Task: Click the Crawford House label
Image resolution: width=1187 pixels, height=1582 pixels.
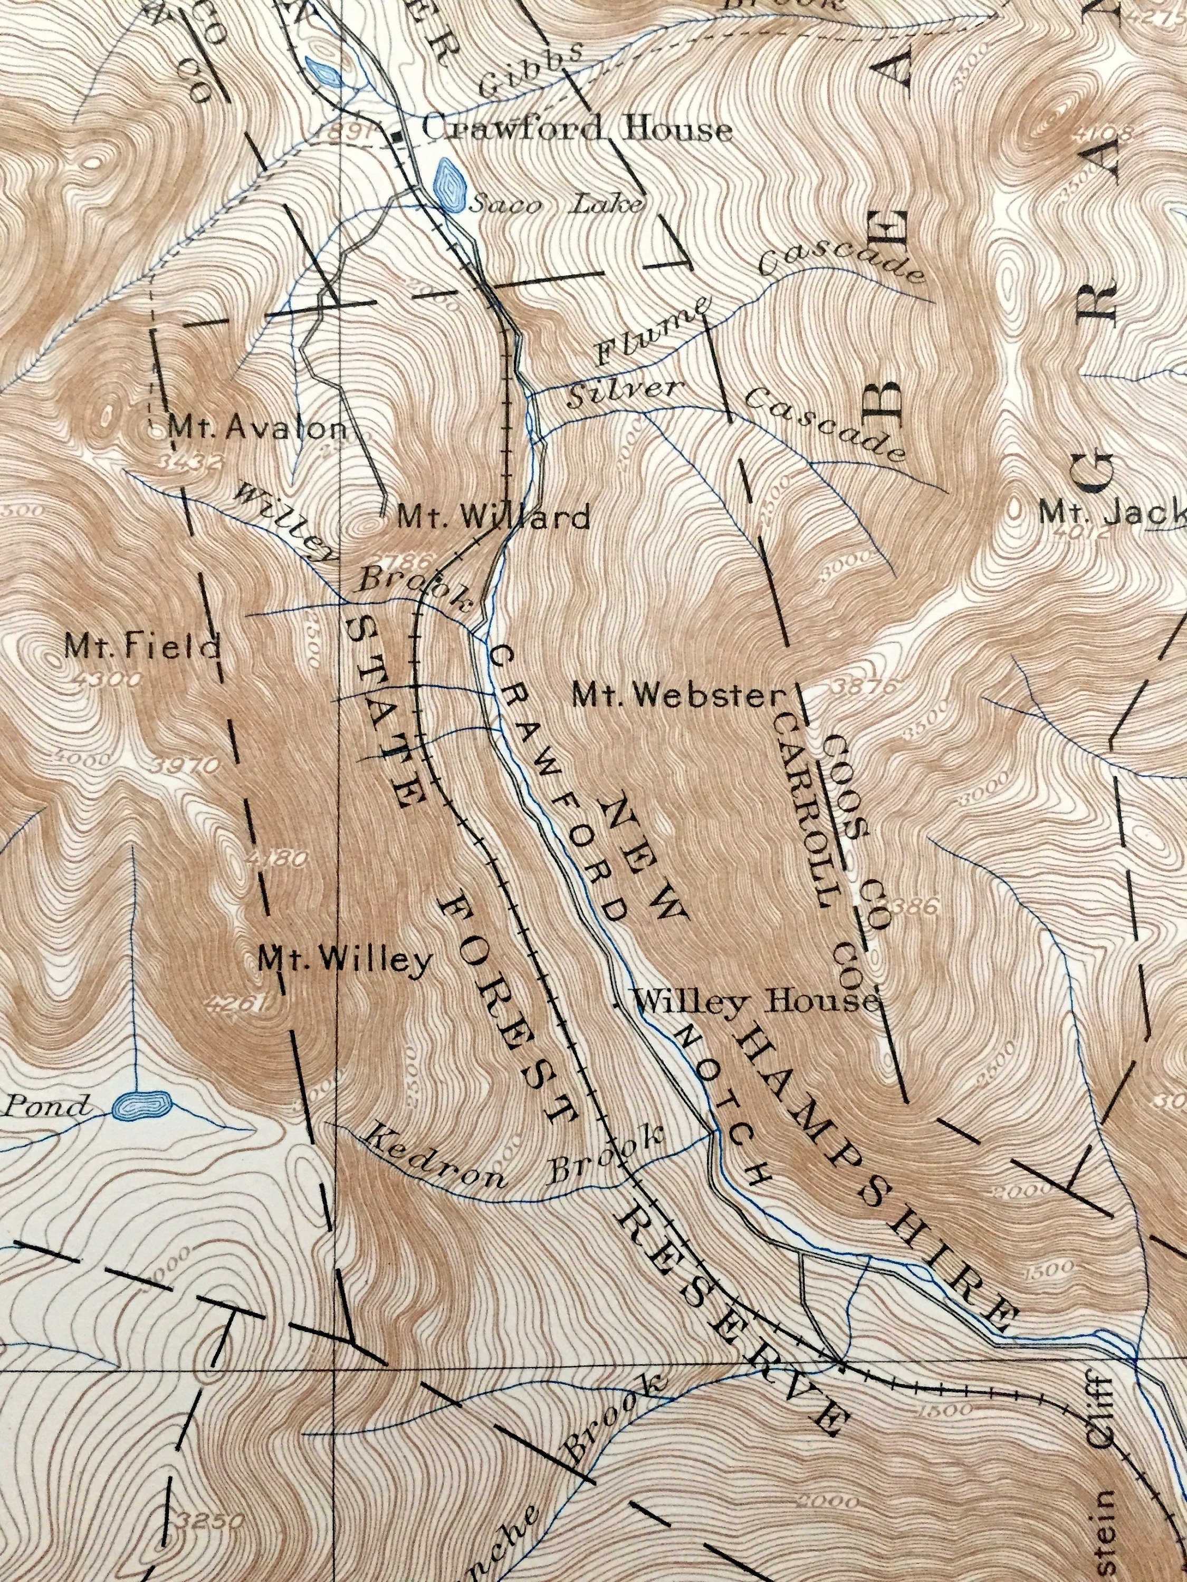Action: click(577, 130)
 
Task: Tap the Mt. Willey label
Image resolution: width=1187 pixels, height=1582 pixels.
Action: click(345, 960)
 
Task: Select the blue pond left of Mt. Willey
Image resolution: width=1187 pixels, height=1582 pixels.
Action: click(141, 1104)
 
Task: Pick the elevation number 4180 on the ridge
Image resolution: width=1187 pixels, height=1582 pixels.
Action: click(281, 857)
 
